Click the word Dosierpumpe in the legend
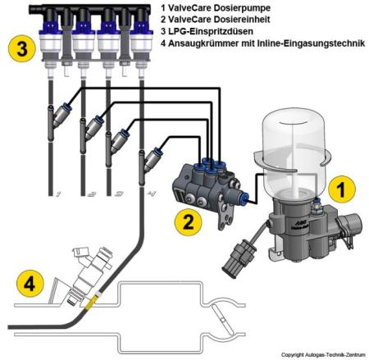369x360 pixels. point(230,7)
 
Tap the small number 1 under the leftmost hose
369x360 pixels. point(59,195)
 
